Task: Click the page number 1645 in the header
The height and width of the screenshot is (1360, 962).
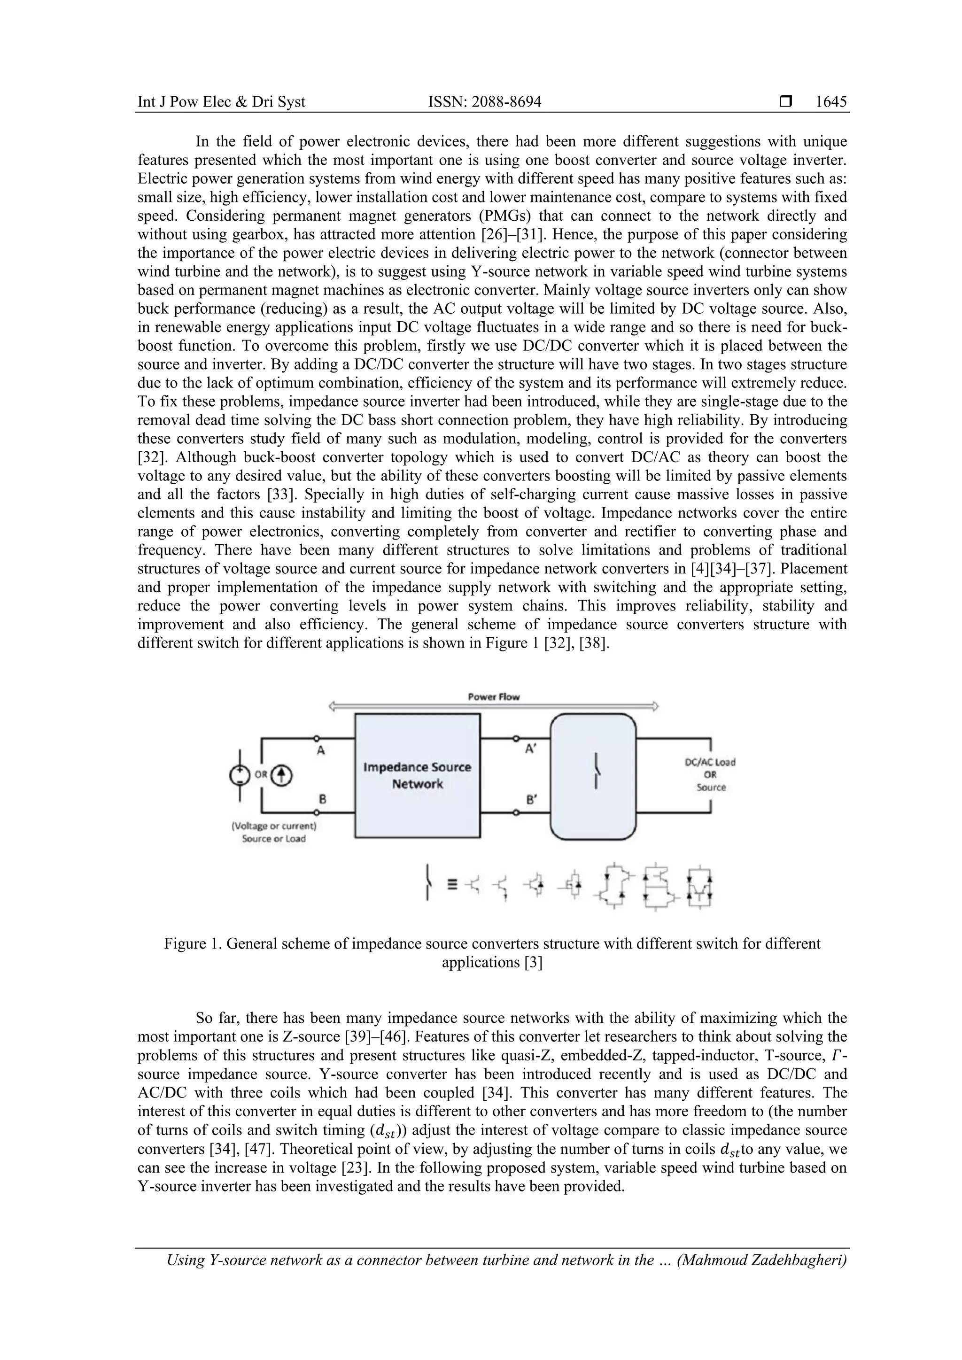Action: pos(830,102)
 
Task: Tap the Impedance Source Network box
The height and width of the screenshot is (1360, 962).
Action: pos(417,775)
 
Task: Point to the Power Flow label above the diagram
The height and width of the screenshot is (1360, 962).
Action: pos(493,696)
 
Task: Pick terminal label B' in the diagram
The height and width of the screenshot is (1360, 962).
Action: pos(531,800)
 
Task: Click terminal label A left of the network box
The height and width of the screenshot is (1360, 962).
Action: pos(321,751)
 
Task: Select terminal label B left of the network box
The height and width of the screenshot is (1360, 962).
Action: pos(322,799)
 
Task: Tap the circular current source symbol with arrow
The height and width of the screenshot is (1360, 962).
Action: pos(282,775)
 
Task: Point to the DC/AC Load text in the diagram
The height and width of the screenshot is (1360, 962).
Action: pos(710,762)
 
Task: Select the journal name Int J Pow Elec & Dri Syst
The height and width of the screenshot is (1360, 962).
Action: pos(221,102)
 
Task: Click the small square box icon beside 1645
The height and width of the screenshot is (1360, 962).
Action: pos(785,102)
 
